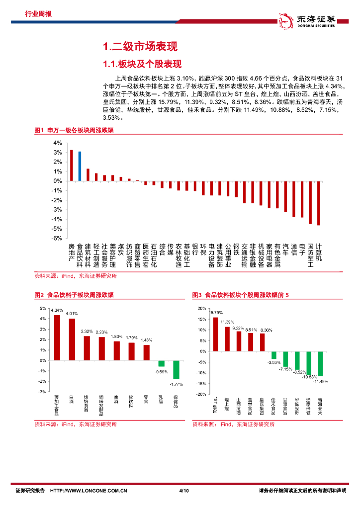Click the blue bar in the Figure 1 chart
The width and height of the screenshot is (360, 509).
coord(80,166)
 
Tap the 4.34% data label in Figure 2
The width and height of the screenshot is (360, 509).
coord(57,310)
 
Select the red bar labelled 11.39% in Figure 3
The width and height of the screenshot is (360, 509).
coord(227,339)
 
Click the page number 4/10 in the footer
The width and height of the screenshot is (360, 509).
coord(183,491)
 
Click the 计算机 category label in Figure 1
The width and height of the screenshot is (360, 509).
coord(319,253)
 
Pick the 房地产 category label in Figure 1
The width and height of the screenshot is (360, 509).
coord(71,253)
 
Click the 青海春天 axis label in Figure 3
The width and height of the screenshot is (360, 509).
coord(320,407)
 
